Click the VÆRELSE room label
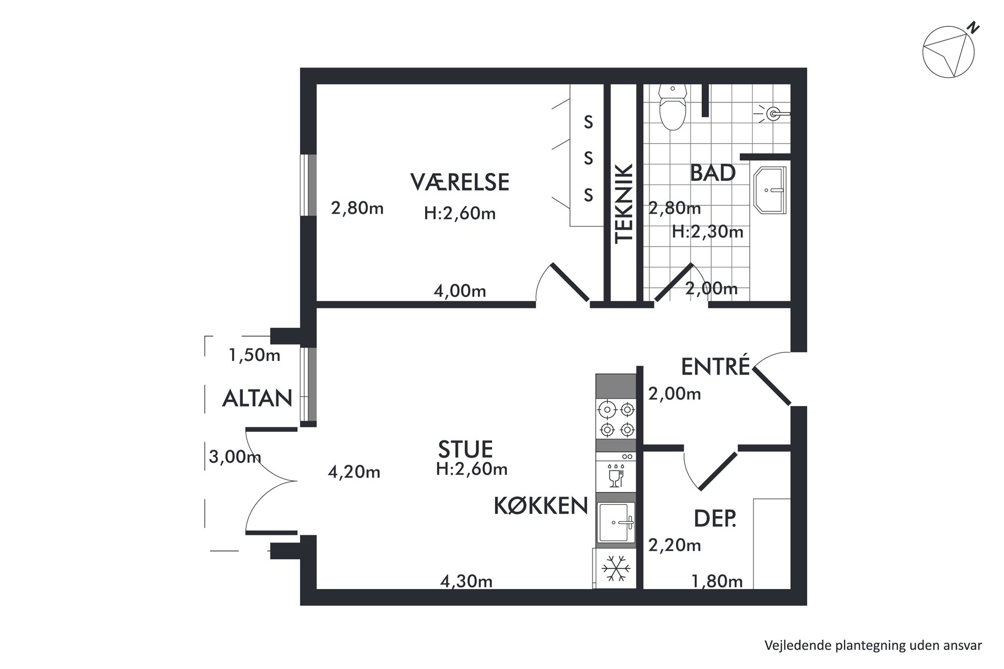[459, 182]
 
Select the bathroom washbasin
[770, 190]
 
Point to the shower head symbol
[772, 114]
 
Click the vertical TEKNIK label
[624, 203]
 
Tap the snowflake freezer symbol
[616, 569]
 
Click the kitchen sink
[616, 523]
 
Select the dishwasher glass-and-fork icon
[616, 475]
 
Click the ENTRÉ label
[715, 367]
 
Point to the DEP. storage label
[715, 519]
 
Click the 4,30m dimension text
[466, 582]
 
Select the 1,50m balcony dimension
[254, 355]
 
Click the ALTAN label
[257, 398]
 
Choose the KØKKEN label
[541, 506]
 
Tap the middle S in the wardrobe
[588, 159]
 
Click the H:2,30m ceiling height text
[707, 232]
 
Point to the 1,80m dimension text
[717, 582]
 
